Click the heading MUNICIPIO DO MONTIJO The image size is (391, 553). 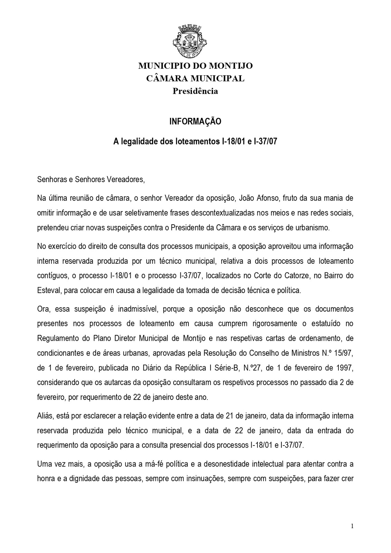click(195, 66)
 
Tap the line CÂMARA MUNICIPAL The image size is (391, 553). click(195, 78)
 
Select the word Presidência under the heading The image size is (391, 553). click(195, 91)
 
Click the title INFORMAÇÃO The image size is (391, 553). click(195, 122)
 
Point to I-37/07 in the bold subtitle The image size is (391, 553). click(266, 142)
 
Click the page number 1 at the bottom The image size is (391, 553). click(352, 526)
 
